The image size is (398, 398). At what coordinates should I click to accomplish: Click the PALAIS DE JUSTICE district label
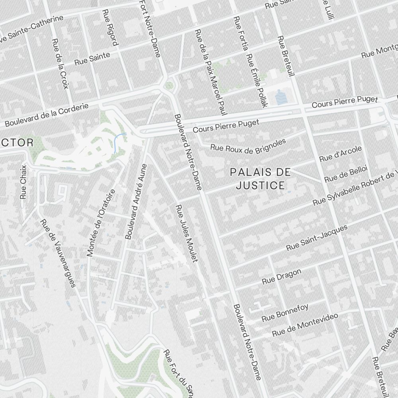(261, 179)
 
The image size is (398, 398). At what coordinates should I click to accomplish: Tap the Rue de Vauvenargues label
(57, 253)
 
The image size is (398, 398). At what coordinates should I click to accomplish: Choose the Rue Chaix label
(23, 182)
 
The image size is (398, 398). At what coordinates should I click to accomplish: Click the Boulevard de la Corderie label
(47, 115)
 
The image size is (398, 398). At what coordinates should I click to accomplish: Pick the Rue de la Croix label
(60, 64)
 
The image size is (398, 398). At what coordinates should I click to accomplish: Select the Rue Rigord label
(110, 28)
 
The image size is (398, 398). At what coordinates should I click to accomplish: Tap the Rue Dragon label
(281, 277)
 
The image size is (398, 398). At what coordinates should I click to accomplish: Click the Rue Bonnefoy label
(285, 312)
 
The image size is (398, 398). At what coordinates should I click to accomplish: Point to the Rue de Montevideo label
(305, 324)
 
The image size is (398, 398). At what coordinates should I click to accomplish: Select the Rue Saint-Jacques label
(317, 238)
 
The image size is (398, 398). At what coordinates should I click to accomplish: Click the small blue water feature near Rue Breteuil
(281, 97)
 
